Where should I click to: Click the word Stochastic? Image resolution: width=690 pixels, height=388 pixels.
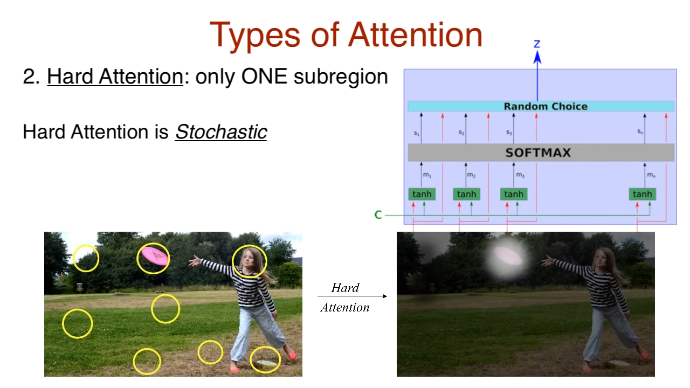coord(221,132)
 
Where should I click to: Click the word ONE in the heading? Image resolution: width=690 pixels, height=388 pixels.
coord(264,76)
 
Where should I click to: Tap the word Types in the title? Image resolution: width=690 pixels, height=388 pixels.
coord(255,36)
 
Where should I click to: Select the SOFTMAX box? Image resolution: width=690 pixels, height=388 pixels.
coord(541,153)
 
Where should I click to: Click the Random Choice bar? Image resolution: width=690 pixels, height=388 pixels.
coord(541,106)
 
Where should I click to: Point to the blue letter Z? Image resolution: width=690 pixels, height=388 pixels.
coord(537,44)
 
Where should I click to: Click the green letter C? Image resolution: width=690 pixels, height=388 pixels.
coord(378,214)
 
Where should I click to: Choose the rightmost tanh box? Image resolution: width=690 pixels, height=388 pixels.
coord(642,195)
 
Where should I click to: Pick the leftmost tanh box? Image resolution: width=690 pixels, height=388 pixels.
coord(422,195)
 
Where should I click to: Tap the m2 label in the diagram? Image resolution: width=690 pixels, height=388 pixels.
coord(471,175)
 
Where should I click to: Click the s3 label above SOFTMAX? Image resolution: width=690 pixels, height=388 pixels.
coord(509,133)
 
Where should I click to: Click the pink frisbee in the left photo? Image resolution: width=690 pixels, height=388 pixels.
coord(155,256)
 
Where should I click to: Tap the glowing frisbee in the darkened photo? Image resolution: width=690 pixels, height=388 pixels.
coord(508,256)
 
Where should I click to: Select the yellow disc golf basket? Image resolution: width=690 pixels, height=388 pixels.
coord(79,288)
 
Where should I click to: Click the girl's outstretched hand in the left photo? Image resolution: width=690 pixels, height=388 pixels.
coord(195,261)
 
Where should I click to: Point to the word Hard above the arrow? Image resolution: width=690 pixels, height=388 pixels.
coord(345,288)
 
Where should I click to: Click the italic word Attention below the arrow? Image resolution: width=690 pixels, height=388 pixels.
coord(345,307)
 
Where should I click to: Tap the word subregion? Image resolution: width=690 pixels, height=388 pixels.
coord(341,77)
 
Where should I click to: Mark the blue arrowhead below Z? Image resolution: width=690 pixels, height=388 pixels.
coord(537,57)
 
